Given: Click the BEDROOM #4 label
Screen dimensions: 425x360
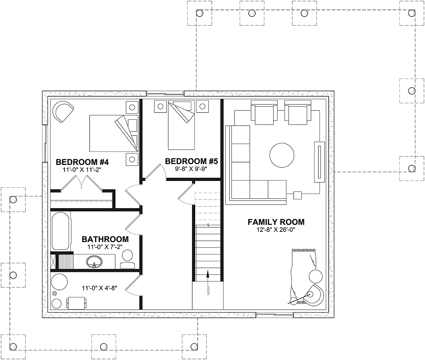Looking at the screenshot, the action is (82, 162).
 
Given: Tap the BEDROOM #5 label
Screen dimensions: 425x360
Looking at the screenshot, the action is (191, 161).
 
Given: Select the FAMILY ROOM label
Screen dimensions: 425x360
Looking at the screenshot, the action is (276, 222).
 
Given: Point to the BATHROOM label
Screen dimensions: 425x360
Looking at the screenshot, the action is (105, 239).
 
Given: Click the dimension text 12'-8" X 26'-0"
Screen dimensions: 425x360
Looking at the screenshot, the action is (276, 230).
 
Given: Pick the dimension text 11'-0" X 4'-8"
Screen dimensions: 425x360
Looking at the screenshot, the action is (100, 288).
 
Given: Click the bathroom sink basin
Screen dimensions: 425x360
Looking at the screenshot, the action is (94, 262).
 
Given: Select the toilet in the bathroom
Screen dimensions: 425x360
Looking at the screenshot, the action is (127, 259).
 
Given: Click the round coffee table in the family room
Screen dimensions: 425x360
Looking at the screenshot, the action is (282, 155).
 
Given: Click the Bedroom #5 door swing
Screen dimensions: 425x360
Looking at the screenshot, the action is (156, 171).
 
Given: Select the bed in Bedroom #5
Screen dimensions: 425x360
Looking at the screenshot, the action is (181, 125).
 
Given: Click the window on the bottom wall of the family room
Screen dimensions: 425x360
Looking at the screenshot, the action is (275, 315).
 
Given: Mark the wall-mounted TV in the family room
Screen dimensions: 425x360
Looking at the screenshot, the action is (319, 162).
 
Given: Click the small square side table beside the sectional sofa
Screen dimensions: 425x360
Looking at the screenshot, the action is (297, 195).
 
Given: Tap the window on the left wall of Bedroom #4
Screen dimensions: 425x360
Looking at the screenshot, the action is (45, 143).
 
